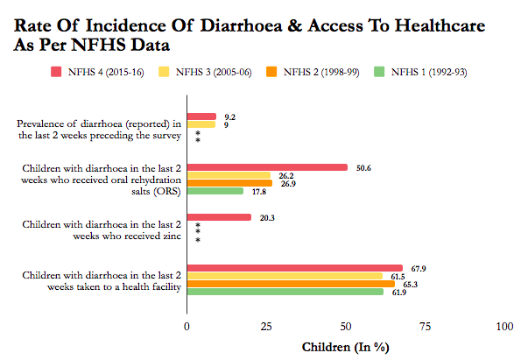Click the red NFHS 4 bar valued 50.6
tap(267, 167)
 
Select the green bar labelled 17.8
tap(215, 191)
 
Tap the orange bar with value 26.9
tap(229, 183)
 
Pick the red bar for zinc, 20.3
tap(219, 217)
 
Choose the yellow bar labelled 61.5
tap(285, 276)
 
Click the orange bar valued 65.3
tap(291, 284)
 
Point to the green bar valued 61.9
tap(285, 292)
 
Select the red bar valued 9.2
tap(201, 116)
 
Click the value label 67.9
tap(419, 269)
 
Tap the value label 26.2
tap(286, 176)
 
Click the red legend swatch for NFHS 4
tap(56, 72)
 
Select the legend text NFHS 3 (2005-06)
tap(214, 72)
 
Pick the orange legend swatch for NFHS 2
tap(271, 72)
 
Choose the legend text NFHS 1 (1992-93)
tap(429, 72)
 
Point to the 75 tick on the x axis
tap(425, 327)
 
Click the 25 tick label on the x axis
tap(266, 327)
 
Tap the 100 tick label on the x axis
tap(504, 327)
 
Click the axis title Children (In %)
tap(346, 348)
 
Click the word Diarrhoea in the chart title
tap(241, 25)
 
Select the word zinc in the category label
tap(172, 236)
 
